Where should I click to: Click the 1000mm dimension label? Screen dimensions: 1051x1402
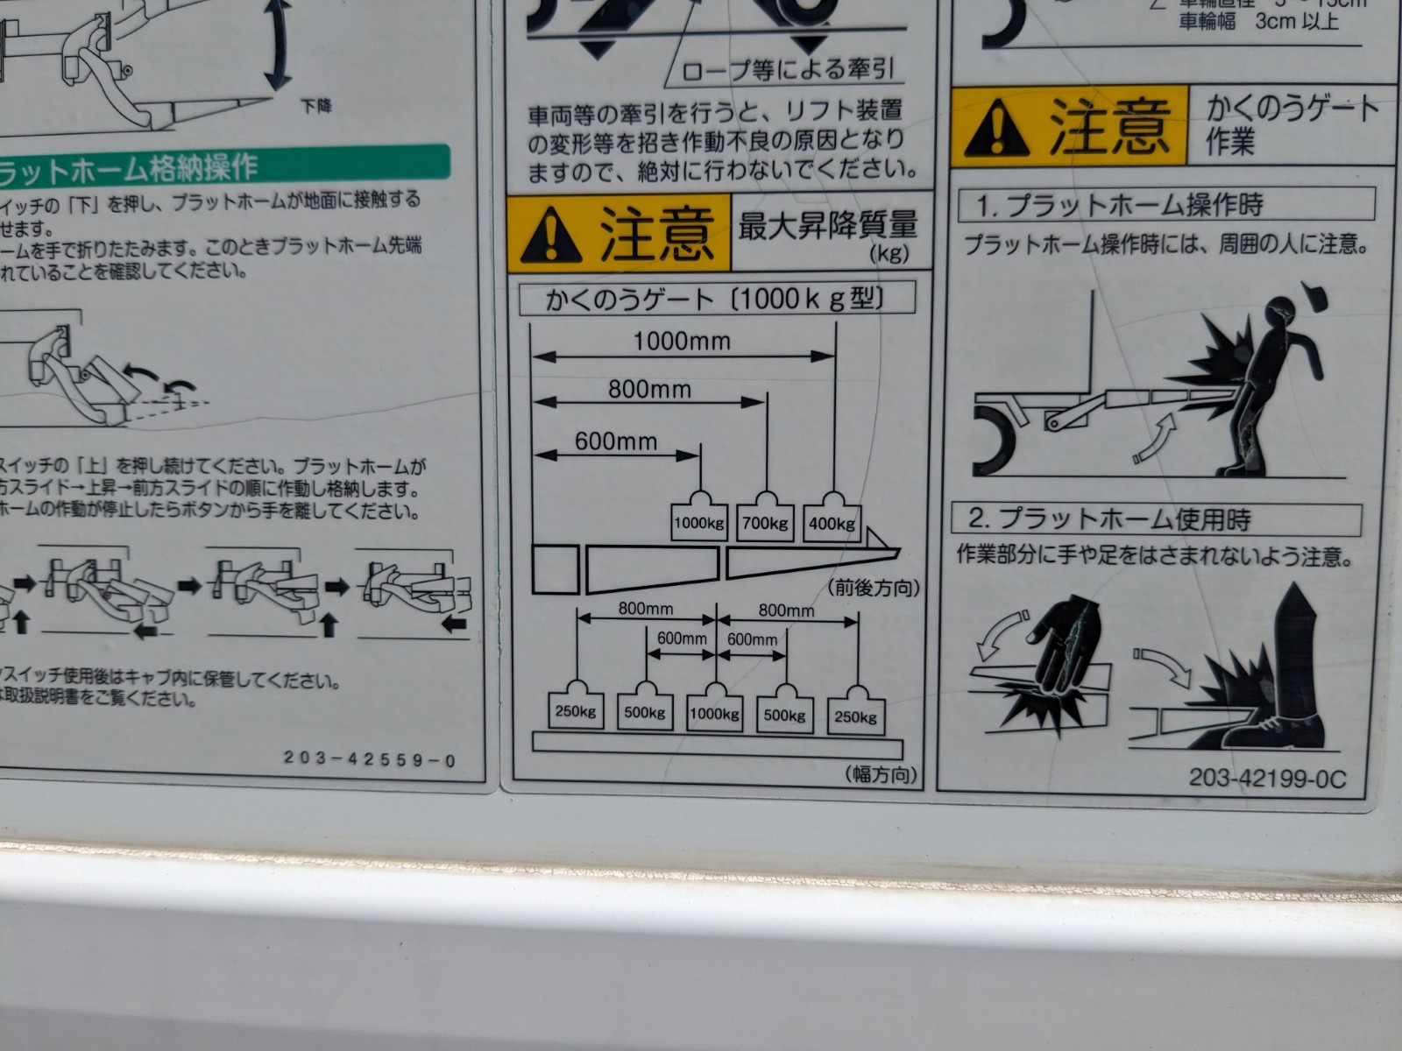click(x=682, y=341)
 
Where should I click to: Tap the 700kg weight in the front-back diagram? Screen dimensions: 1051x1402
click(x=766, y=524)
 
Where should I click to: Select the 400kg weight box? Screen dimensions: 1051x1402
click(x=832, y=524)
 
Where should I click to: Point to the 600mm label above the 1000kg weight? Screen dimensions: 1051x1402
click(x=615, y=441)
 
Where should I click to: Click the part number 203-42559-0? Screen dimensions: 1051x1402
click(x=370, y=760)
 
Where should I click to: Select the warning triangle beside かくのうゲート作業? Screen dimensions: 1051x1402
click(x=997, y=129)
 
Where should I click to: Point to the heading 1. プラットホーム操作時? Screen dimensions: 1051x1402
click(x=1121, y=206)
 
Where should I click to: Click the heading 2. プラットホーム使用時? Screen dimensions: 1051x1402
click(x=1109, y=519)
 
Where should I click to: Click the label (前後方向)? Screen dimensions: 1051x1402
click(x=874, y=588)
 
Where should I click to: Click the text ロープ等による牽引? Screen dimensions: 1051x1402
click(x=788, y=70)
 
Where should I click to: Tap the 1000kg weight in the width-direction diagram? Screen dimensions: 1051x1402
click(x=715, y=714)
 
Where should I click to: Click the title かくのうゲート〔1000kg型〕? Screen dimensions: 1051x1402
click(x=715, y=300)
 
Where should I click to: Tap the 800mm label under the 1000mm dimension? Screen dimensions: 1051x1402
click(x=649, y=389)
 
